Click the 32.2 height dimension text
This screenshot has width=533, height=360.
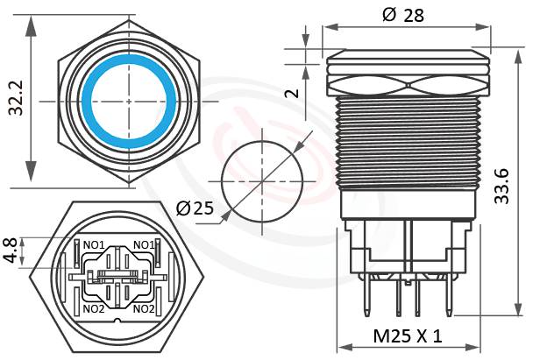tap(16, 100)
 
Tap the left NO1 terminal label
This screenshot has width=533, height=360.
tap(94, 244)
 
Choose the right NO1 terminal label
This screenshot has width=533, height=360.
tap(144, 244)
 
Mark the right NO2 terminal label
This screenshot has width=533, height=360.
tap(144, 308)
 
